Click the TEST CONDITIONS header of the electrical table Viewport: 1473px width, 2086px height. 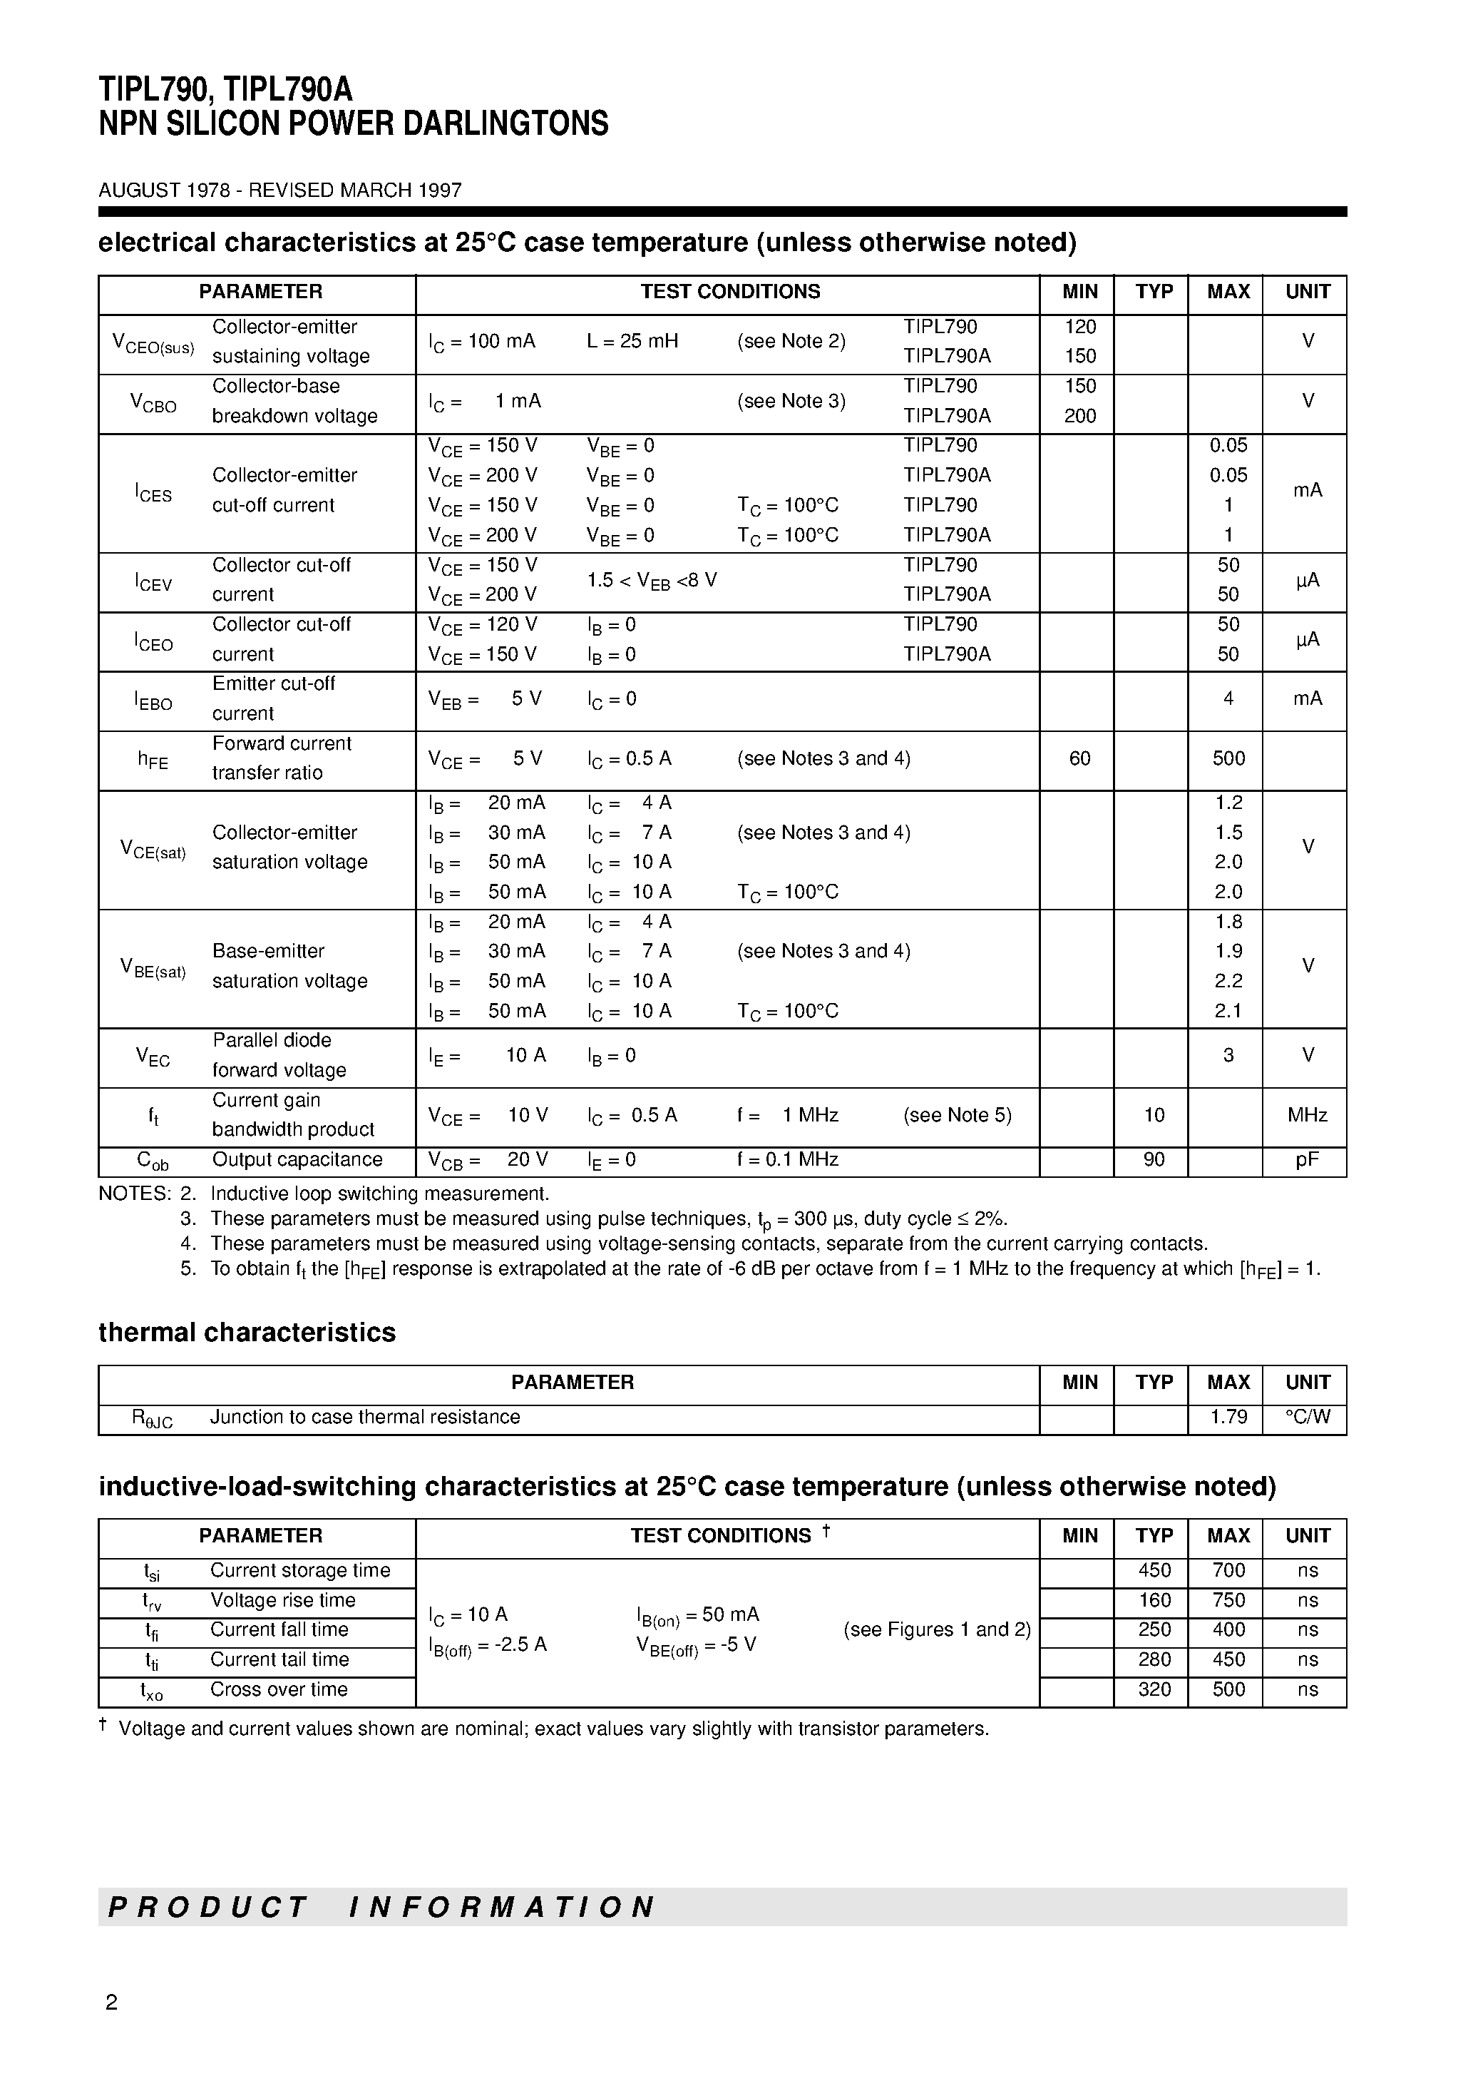729,292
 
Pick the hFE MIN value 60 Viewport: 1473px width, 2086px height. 1079,758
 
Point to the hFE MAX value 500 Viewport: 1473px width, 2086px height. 1228,758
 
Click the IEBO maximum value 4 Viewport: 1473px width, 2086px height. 1228,698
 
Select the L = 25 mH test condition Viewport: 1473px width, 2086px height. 632,342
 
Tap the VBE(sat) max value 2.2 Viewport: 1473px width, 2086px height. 1228,981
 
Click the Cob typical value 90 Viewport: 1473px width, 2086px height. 1154,1160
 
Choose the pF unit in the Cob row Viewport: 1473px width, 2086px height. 1307,1160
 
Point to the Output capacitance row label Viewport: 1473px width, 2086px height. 297,1160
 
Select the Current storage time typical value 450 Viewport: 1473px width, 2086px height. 1154,1571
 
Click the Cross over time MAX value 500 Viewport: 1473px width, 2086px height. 1228,1690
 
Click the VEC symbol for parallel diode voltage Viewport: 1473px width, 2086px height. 153,1057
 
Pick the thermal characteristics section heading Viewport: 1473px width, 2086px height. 247,1333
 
